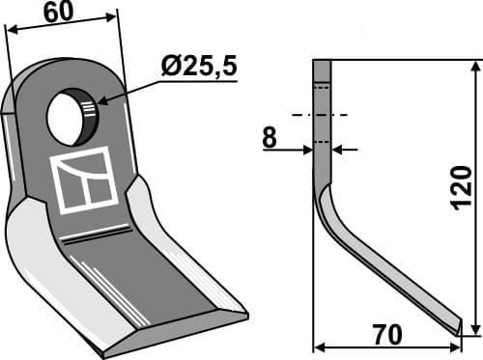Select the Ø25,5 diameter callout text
(197, 68)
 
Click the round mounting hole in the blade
(71, 117)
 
